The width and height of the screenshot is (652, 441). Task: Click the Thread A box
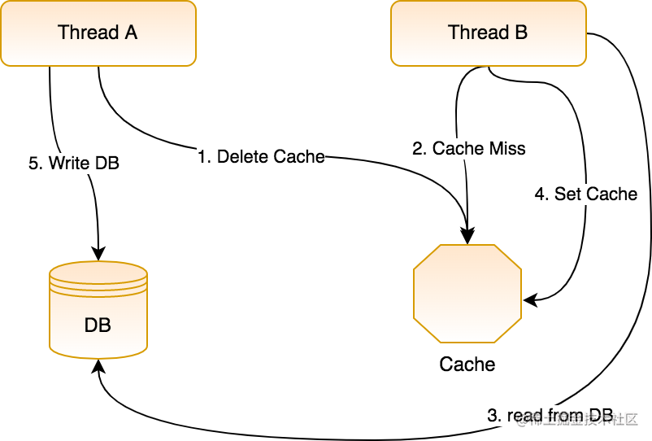pyautogui.click(x=98, y=33)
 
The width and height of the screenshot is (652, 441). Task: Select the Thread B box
pyautogui.click(x=488, y=33)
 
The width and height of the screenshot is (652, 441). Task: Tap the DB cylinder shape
pyautogui.click(x=98, y=310)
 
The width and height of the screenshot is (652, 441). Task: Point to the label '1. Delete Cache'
pyautogui.click(x=261, y=156)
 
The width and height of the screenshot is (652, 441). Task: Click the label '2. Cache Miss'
pyautogui.click(x=469, y=148)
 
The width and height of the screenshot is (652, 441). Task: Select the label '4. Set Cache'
pyautogui.click(x=585, y=194)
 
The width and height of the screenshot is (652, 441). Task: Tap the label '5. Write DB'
pyautogui.click(x=74, y=163)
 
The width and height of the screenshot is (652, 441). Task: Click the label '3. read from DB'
pyautogui.click(x=550, y=415)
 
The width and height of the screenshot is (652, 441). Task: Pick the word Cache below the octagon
pyautogui.click(x=467, y=364)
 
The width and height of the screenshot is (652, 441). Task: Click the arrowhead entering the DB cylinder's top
pyautogui.click(x=98, y=253)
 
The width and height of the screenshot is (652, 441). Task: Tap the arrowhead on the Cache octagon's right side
pyautogui.click(x=529, y=300)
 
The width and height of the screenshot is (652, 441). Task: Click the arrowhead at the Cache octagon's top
pyautogui.click(x=467, y=237)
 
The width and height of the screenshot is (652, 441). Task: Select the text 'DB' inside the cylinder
pyautogui.click(x=98, y=325)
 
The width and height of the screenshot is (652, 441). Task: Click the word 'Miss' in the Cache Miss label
pyautogui.click(x=507, y=148)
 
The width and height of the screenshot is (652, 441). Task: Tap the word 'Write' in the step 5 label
pyautogui.click(x=70, y=163)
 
